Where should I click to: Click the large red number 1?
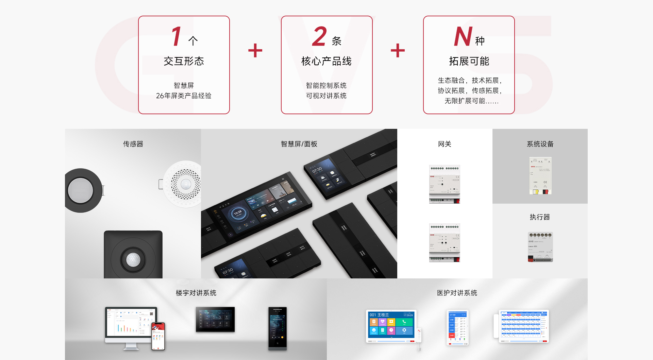(177, 37)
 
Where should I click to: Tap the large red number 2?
(319, 37)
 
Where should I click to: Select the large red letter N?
(463, 37)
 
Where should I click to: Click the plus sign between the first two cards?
(255, 51)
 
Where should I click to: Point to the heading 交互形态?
(184, 61)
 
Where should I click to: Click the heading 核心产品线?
(326, 61)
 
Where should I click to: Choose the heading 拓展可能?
(469, 61)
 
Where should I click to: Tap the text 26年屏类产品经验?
(184, 96)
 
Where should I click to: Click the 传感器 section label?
(133, 144)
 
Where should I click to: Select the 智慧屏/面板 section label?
(299, 144)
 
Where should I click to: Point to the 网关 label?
(445, 144)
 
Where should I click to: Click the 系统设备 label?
(540, 144)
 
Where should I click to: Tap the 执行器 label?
(540, 217)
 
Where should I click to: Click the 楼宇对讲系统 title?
(196, 293)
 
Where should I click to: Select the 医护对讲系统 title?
(457, 293)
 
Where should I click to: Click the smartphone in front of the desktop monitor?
(158, 336)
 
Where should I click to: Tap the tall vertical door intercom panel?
(278, 328)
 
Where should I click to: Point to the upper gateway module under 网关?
(445, 184)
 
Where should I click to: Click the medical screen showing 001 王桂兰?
(391, 326)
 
